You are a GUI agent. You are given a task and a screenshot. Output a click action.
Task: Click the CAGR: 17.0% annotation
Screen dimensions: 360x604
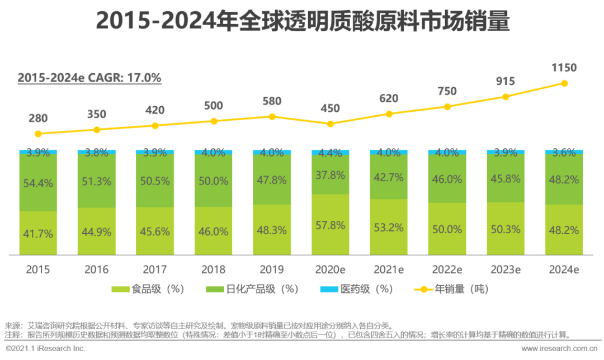[89, 78]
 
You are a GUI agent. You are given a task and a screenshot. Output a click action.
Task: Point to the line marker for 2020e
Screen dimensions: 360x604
[331, 124]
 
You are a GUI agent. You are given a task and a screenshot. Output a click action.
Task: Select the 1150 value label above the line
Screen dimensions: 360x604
[564, 68]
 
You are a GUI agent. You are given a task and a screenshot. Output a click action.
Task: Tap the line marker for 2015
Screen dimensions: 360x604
[38, 134]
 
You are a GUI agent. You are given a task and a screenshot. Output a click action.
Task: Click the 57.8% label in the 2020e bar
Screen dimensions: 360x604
[330, 224]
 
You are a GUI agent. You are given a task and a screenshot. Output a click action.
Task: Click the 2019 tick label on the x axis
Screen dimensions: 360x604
[272, 269]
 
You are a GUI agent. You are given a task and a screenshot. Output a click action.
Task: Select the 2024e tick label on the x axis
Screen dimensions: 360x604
[564, 269]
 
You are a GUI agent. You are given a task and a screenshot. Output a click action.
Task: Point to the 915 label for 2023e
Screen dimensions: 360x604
[506, 81]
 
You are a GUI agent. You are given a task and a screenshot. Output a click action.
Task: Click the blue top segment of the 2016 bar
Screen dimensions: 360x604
[97, 151]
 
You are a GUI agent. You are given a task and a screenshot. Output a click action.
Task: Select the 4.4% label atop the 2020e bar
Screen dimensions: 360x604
[330, 153]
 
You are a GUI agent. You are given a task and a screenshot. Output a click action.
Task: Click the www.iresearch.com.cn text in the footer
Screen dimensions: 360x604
[559, 348]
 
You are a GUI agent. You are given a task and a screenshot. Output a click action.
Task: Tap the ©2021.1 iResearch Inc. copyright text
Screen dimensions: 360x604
[45, 348]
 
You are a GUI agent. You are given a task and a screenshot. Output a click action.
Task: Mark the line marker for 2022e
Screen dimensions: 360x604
[447, 106]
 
